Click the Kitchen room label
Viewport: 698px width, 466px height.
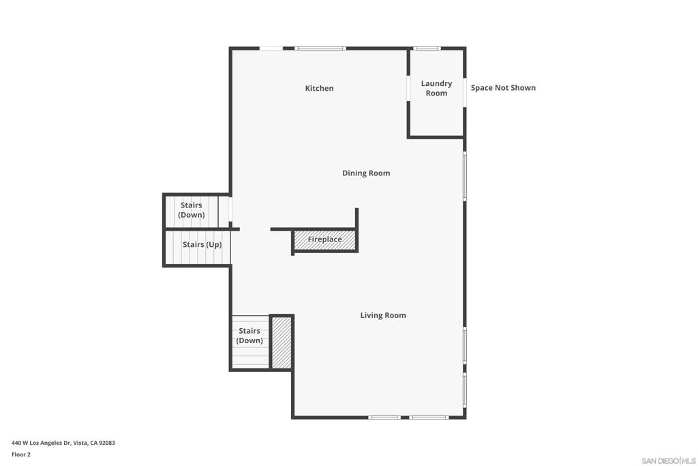click(x=319, y=88)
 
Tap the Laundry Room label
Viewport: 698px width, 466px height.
click(x=436, y=88)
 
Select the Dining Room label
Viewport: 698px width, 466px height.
click(x=366, y=173)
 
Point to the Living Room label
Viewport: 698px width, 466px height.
click(x=383, y=315)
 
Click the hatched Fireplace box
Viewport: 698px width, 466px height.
click(x=325, y=241)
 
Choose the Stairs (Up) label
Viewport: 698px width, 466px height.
click(x=202, y=244)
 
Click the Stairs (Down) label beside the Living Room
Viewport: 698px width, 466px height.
click(x=249, y=336)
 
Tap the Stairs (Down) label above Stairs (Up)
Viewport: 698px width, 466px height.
click(x=192, y=210)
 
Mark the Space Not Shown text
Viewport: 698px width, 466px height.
click(x=503, y=88)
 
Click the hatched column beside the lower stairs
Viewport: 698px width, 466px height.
click(x=282, y=343)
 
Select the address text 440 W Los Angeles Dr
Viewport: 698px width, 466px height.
click(x=42, y=443)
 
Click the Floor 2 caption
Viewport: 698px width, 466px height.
click(x=21, y=454)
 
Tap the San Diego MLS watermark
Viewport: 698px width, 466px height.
click(x=669, y=461)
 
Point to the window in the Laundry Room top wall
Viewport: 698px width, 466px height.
click(x=427, y=48)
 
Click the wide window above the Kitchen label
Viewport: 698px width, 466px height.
click(x=320, y=48)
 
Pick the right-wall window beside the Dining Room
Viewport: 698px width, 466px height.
click(x=465, y=176)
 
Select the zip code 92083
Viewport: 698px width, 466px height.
click(x=107, y=443)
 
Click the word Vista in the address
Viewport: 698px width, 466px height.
click(x=80, y=443)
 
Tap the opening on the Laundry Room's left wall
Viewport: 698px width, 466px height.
click(x=408, y=88)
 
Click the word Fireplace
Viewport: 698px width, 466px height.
click(x=325, y=239)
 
